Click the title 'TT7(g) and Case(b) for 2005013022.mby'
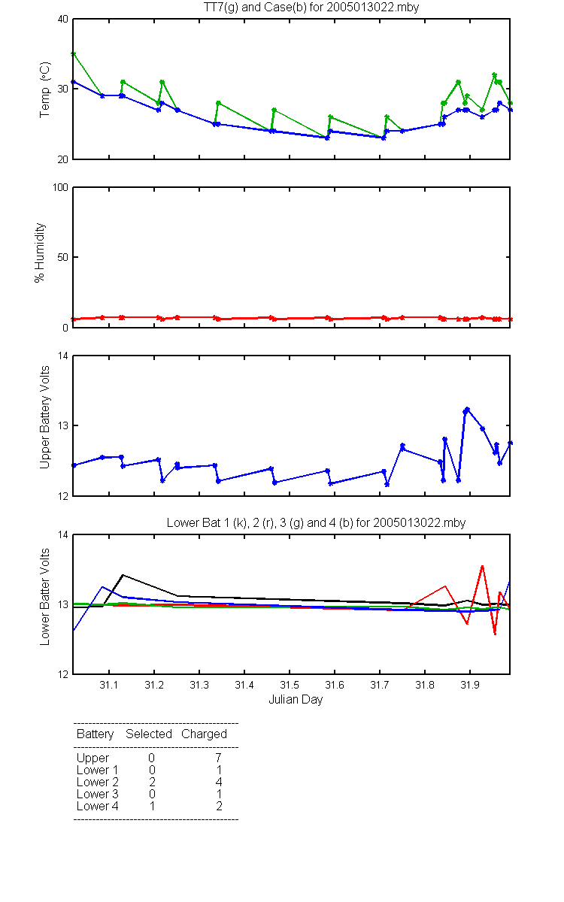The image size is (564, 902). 311,7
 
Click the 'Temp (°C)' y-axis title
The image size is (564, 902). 44,89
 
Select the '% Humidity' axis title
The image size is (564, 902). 39,253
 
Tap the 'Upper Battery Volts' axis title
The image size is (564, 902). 44,417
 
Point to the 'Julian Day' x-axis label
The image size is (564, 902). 296,700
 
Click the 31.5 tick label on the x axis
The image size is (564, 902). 290,685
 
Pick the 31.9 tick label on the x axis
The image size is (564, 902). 470,685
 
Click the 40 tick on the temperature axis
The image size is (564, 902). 63,20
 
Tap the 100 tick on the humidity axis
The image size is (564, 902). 60,188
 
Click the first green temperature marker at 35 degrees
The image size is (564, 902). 74,53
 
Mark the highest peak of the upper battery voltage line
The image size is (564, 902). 467,409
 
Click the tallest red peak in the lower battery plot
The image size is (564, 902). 482,566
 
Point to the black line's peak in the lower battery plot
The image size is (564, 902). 123,575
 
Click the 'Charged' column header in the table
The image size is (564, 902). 204,734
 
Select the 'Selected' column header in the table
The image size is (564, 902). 149,734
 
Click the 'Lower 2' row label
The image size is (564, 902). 98,782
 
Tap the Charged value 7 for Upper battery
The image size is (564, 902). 218,758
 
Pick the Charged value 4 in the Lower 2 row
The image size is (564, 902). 219,782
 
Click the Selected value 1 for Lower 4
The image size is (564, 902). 152,806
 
